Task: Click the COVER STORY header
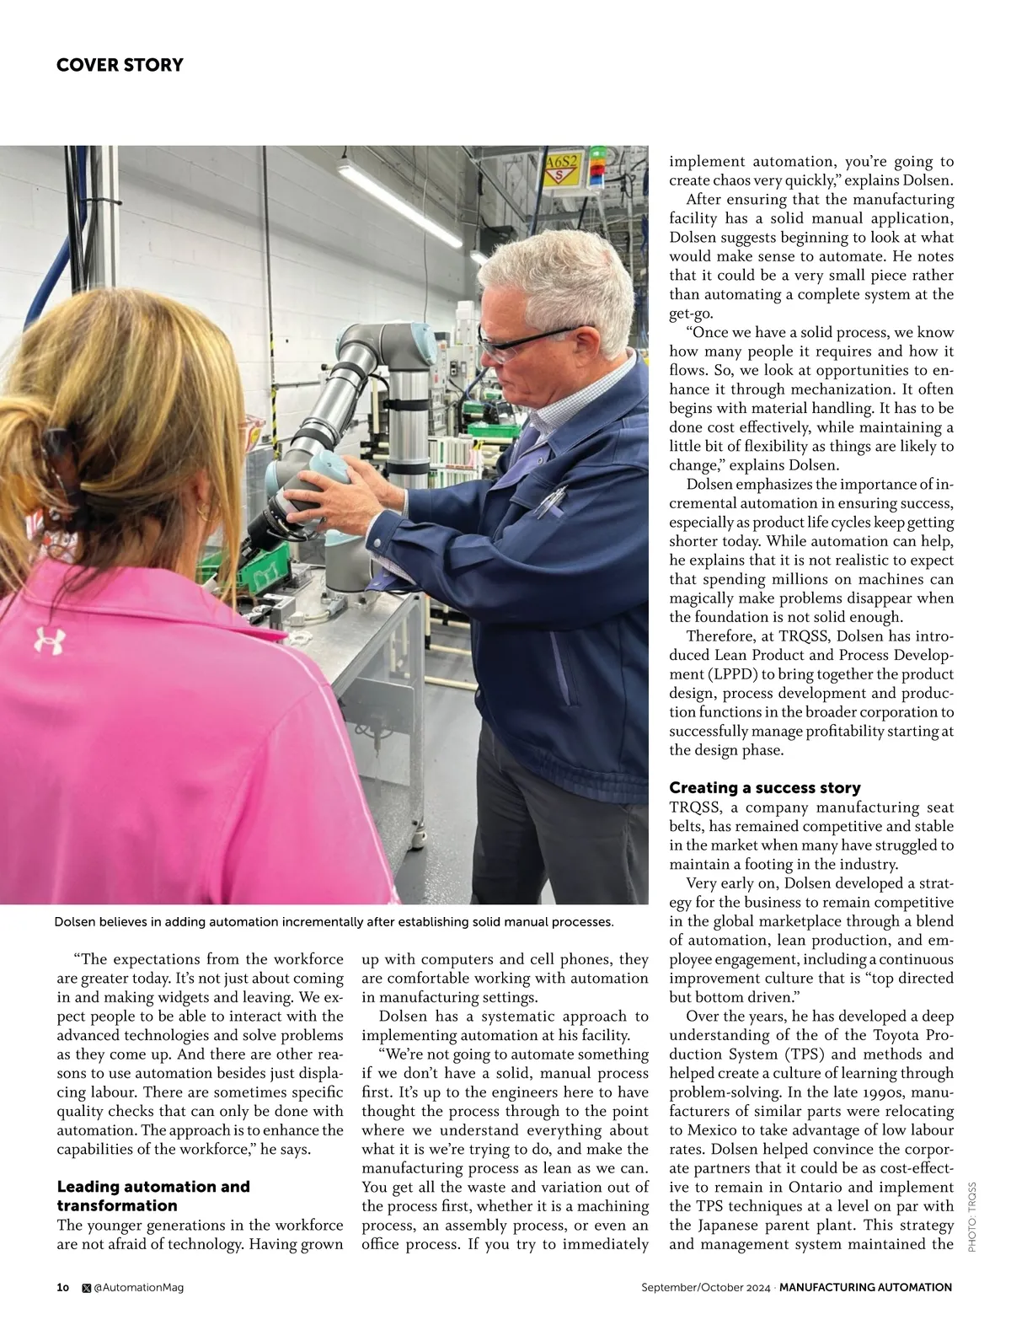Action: click(x=120, y=65)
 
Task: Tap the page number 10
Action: click(x=63, y=1287)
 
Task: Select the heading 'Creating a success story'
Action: click(x=764, y=787)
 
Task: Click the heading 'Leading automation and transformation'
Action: click(x=153, y=1195)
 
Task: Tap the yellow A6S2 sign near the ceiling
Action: click(x=561, y=169)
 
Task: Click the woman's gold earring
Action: click(x=205, y=512)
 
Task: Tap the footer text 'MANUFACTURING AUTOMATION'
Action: click(x=865, y=1287)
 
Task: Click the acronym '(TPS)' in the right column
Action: click(x=812, y=1054)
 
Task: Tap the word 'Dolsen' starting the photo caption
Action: click(x=78, y=921)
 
